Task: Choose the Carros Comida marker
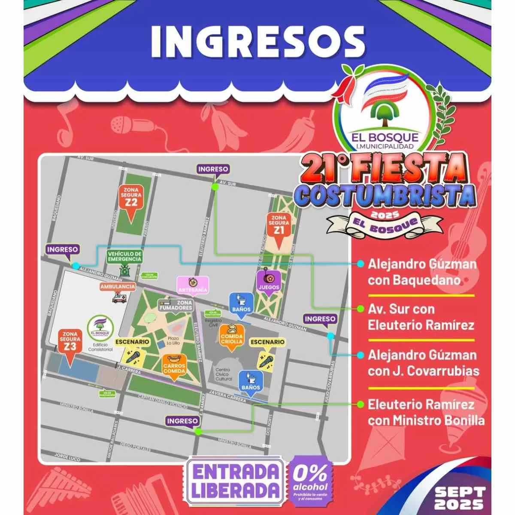point(174,366)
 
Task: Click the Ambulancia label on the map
point(118,287)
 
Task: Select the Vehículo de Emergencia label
point(124,257)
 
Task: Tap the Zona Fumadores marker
point(176,305)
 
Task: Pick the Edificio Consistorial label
point(100,347)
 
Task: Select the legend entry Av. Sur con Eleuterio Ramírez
point(420,317)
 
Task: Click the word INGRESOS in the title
point(257,43)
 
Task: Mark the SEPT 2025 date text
point(459,498)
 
